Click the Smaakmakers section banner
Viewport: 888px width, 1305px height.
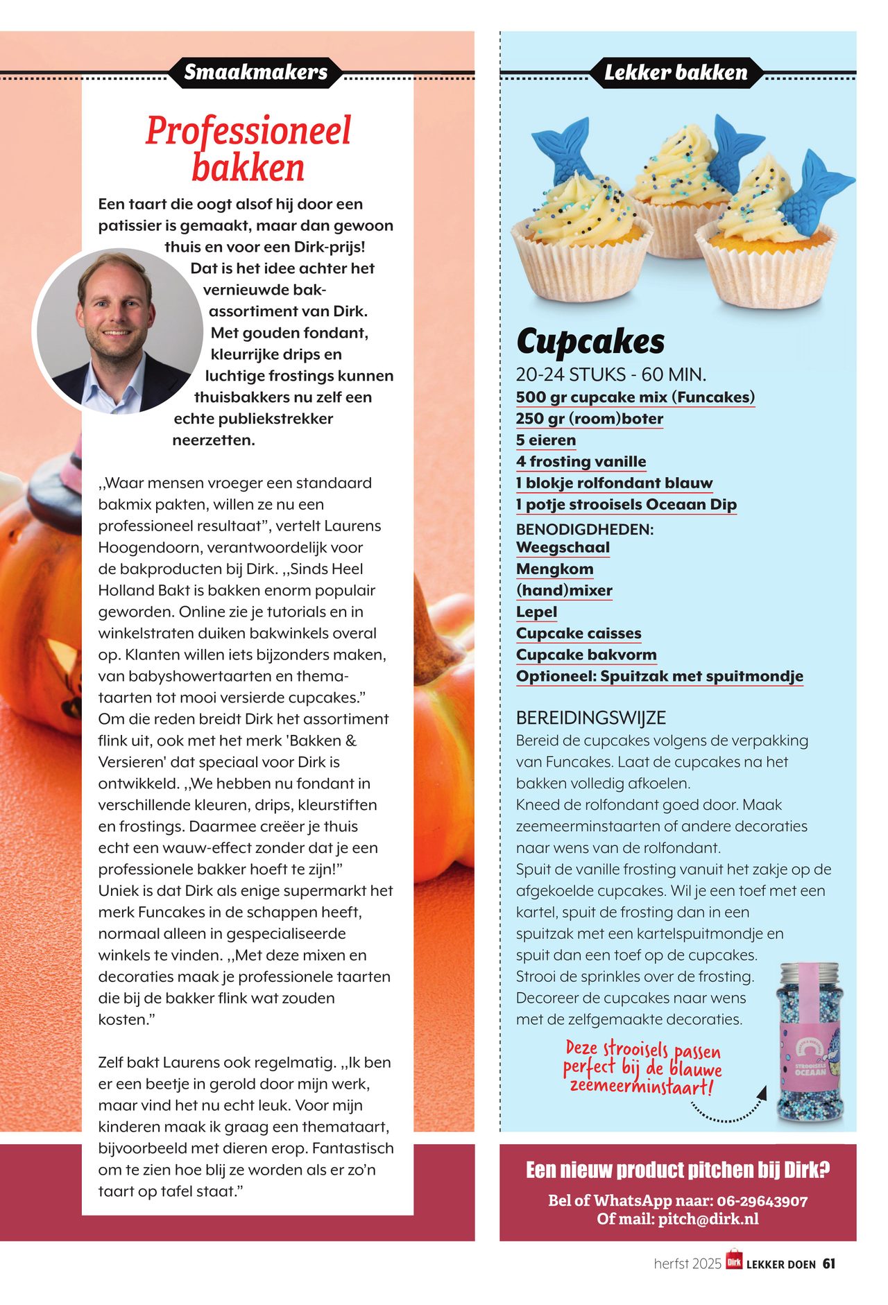pyautogui.click(x=255, y=72)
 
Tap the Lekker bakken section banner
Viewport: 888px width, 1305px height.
pyautogui.click(x=676, y=73)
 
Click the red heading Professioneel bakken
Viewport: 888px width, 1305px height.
pyautogui.click(x=248, y=149)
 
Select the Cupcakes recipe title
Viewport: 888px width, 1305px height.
pyautogui.click(x=590, y=341)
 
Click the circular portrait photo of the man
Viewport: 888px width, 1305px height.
pyautogui.click(x=118, y=331)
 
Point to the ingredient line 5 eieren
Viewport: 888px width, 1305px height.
pyautogui.click(x=546, y=440)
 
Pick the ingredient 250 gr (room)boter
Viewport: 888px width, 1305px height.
pyautogui.click(x=590, y=419)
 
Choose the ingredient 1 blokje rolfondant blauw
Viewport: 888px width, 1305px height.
pyautogui.click(x=614, y=483)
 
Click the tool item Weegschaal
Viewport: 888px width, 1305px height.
pyautogui.click(x=563, y=548)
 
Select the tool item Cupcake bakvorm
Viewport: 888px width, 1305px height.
pyautogui.click(x=586, y=655)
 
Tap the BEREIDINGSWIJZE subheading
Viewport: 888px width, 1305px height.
pyautogui.click(x=591, y=718)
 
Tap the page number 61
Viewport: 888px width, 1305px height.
pyautogui.click(x=829, y=1264)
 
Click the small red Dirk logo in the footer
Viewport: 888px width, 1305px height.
pyautogui.click(x=734, y=1261)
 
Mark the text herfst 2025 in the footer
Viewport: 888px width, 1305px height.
pyautogui.click(x=688, y=1264)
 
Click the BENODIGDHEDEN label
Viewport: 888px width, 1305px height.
pyautogui.click(x=585, y=529)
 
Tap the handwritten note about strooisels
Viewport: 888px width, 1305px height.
pyautogui.click(x=642, y=1068)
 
